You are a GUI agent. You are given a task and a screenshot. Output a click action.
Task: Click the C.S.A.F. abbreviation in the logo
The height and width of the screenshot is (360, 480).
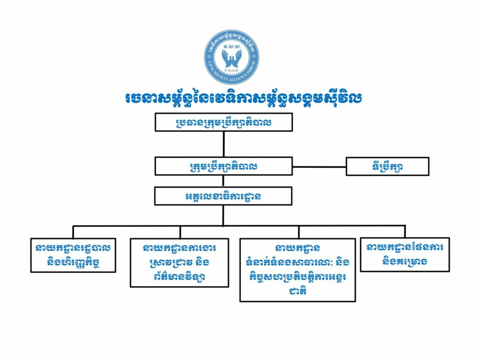pos(232,69)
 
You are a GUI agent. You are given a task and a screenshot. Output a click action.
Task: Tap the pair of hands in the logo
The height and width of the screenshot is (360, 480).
pos(232,58)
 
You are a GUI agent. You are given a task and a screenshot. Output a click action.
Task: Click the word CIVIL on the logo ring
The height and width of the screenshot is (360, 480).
pos(212,66)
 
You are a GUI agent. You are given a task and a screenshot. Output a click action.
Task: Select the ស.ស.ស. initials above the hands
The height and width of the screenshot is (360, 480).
pos(232,47)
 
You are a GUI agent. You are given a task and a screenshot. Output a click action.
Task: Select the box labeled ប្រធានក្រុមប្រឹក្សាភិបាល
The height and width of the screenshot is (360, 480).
pos(224,122)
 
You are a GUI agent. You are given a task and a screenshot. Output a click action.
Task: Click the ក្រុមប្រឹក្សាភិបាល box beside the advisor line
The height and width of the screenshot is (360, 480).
pos(224,166)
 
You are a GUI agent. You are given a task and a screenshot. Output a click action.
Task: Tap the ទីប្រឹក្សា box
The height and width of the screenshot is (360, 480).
pos(387,166)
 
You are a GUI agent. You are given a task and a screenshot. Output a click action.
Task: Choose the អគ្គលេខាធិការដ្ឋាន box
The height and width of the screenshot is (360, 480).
pos(224,196)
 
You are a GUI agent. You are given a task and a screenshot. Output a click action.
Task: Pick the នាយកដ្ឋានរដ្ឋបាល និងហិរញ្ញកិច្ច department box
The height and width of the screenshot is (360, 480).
pos(73,255)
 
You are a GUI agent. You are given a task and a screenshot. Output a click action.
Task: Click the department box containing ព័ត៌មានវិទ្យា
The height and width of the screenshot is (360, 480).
pos(173,263)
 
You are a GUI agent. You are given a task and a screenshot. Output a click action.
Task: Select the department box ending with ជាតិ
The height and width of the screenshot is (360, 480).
pos(298,270)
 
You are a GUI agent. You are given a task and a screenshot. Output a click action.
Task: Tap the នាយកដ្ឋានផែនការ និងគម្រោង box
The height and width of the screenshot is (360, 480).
pos(405,254)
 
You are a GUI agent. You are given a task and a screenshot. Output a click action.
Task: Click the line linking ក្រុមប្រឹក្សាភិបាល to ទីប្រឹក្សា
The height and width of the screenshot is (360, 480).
pos(319,166)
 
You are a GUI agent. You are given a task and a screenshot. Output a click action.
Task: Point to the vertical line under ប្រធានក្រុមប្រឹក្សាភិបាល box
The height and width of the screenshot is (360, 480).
pos(224,144)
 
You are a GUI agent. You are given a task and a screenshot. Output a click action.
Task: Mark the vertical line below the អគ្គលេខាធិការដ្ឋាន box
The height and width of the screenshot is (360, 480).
pos(224,215)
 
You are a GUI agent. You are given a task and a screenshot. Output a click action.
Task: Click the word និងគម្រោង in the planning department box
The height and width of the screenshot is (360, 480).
pos(405,262)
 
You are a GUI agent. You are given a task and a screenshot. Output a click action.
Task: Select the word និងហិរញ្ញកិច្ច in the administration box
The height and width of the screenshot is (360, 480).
pos(73,262)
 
